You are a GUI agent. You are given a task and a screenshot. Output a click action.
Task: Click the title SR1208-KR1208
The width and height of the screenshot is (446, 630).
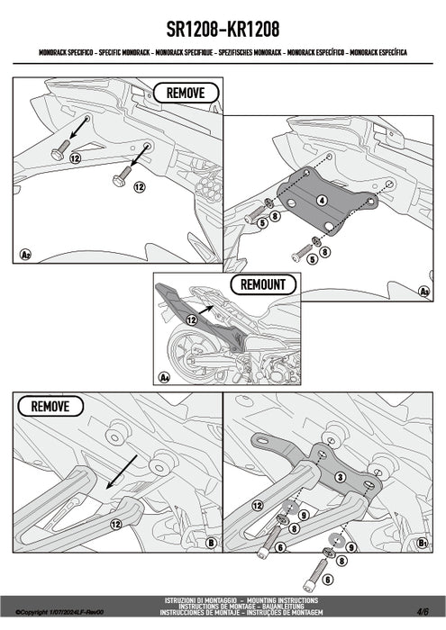tap(223, 30)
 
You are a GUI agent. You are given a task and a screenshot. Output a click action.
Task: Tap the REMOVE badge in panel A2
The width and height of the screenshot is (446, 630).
tap(186, 94)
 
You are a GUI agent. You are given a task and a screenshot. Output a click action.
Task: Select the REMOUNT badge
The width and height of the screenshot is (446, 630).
tap(263, 284)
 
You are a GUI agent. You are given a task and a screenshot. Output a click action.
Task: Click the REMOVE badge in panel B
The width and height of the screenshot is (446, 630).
tap(50, 406)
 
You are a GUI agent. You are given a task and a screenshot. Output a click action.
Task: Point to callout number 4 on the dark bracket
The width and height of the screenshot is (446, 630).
tap(322, 200)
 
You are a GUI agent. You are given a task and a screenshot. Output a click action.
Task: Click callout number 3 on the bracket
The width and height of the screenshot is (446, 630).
tap(341, 477)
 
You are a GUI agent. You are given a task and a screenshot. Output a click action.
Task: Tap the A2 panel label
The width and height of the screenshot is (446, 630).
tap(25, 255)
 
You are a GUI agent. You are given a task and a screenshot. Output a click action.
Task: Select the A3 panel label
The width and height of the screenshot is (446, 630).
tap(423, 292)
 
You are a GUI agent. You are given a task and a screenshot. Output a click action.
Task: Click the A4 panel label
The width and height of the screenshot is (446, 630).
tap(164, 377)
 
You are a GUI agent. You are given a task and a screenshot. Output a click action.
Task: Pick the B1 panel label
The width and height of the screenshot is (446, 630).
tap(423, 544)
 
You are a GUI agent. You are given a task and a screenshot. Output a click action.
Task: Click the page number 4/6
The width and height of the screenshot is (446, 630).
tap(423, 611)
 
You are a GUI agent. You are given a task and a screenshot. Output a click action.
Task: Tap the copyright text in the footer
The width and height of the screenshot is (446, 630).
tap(59, 612)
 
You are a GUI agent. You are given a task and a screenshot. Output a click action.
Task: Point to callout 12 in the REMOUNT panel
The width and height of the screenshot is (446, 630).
tap(191, 319)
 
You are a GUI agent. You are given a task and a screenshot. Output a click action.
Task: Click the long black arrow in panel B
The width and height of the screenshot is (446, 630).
tap(122, 472)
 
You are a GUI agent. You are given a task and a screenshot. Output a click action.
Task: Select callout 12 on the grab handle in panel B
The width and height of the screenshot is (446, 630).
tap(116, 524)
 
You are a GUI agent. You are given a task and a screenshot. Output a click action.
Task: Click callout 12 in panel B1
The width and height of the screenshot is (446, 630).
tap(258, 506)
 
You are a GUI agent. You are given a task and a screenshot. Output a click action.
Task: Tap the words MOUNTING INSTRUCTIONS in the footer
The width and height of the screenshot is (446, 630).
tap(282, 600)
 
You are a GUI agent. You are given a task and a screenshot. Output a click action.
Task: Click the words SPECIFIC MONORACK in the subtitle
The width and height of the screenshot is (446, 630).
tap(124, 52)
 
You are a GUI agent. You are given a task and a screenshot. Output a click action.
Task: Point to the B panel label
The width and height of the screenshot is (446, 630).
tap(211, 544)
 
